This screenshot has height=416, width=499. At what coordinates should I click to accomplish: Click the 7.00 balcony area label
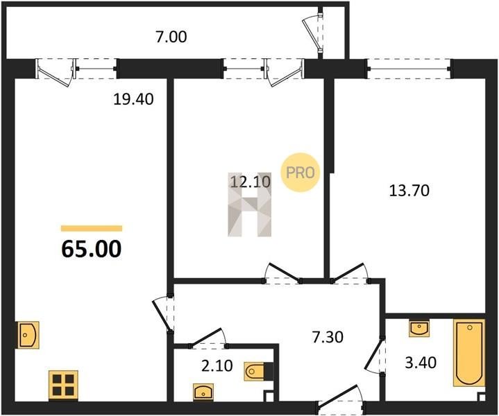click(x=171, y=37)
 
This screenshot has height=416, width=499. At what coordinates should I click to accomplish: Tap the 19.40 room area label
click(x=133, y=99)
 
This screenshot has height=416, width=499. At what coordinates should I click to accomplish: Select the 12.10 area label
click(x=250, y=182)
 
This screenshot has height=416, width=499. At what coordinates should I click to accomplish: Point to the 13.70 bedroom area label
click(x=409, y=191)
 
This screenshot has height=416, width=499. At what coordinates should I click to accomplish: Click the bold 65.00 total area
click(x=92, y=249)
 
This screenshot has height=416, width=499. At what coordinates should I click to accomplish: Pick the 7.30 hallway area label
click(x=328, y=337)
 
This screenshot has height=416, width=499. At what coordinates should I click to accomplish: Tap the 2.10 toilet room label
click(x=217, y=366)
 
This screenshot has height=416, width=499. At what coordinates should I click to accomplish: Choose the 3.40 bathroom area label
click(x=421, y=363)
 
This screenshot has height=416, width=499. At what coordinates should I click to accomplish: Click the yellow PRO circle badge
click(x=300, y=173)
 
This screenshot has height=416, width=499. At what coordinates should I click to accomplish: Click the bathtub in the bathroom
click(x=469, y=353)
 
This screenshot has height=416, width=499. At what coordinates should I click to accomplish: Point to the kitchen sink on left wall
click(x=28, y=335)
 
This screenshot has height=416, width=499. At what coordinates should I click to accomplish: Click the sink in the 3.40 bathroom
click(x=418, y=328)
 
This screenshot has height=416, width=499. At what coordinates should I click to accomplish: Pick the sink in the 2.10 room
click(x=203, y=391)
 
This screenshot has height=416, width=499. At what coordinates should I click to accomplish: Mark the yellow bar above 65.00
click(x=92, y=228)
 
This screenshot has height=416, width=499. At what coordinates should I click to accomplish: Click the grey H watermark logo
click(x=250, y=205)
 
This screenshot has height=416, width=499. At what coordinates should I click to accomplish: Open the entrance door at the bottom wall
click(x=341, y=397)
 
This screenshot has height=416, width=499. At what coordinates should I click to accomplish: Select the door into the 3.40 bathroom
click(x=375, y=355)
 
